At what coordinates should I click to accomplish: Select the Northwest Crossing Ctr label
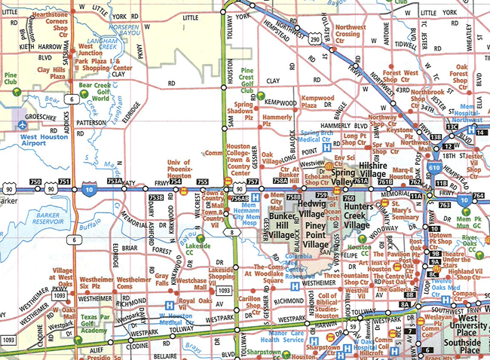point(347,33)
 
